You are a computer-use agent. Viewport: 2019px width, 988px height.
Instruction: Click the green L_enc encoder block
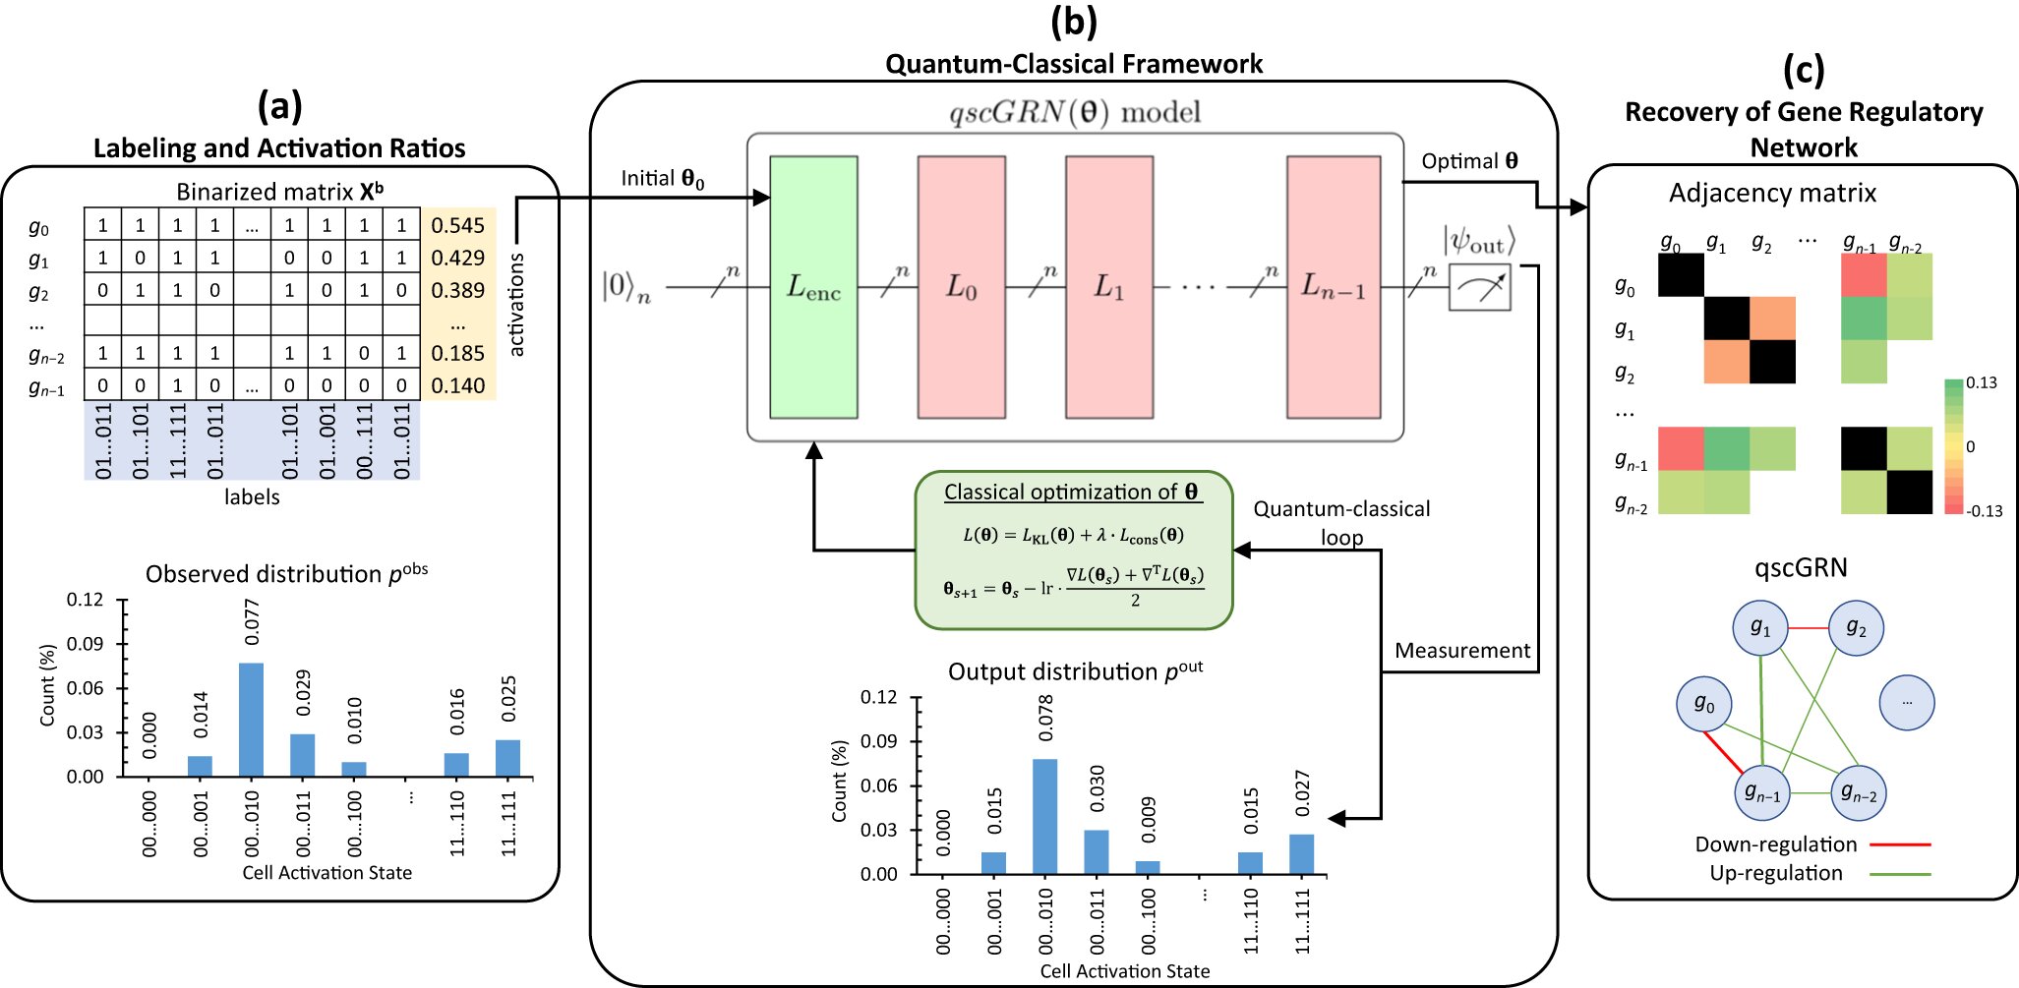tap(813, 287)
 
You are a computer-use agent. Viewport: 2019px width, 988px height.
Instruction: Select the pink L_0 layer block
tap(961, 287)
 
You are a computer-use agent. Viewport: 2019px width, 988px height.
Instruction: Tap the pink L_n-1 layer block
tap(1334, 287)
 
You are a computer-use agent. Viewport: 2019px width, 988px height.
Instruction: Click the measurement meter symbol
tap(1479, 287)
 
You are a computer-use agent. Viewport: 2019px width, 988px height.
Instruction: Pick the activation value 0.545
tap(458, 225)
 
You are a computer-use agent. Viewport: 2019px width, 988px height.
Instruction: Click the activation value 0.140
tap(458, 385)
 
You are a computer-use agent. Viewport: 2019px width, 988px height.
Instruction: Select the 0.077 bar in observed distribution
tap(252, 720)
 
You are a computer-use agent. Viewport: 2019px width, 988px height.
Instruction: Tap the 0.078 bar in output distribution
tap(1045, 816)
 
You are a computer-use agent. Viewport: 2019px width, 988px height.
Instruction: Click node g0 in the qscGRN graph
tap(1704, 704)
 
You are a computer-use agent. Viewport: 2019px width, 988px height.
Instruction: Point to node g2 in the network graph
tap(1856, 628)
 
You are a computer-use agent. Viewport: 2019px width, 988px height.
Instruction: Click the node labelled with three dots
tap(1907, 703)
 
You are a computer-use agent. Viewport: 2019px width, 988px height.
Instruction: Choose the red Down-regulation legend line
tap(1900, 844)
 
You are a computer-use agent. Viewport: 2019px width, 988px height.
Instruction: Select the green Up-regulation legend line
tap(1900, 873)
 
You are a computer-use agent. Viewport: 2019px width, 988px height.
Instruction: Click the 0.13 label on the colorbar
tap(1982, 383)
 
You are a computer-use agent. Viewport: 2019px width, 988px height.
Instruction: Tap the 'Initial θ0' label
tap(662, 179)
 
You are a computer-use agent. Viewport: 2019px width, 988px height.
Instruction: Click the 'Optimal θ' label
tap(1469, 161)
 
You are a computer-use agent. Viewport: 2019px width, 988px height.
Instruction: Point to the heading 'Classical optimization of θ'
tap(1071, 492)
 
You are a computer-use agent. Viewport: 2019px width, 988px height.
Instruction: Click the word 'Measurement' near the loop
tap(1462, 651)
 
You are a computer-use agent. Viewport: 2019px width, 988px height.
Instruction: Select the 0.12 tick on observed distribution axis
tap(85, 600)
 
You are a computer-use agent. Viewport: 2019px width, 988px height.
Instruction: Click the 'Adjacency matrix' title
tap(1772, 193)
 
